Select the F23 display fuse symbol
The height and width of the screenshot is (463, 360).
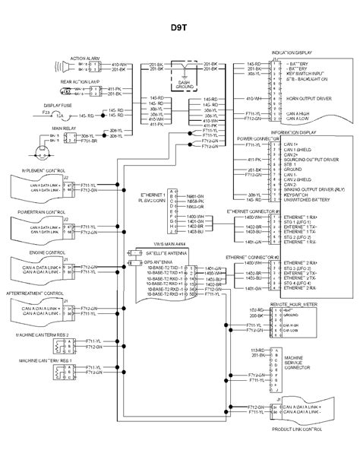tap(72, 115)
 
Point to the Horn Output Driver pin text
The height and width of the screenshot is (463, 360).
tap(306, 99)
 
